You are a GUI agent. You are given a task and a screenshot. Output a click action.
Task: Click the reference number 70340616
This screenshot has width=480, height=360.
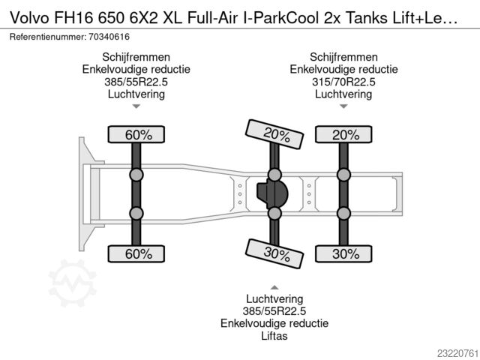click(x=109, y=37)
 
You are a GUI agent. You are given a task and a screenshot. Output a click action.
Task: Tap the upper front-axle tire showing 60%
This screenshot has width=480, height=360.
click(x=136, y=134)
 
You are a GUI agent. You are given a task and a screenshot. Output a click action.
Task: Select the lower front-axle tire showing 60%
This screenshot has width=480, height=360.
click(x=136, y=253)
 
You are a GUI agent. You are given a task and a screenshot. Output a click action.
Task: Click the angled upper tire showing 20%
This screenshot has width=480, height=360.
click(x=274, y=134)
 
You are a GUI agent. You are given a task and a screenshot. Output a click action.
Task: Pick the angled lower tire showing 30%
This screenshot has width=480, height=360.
click(x=274, y=253)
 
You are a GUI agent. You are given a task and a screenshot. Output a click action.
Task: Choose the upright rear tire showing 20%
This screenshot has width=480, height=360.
click(x=343, y=134)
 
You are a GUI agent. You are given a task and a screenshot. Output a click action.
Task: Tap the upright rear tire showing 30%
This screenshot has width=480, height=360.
click(x=343, y=253)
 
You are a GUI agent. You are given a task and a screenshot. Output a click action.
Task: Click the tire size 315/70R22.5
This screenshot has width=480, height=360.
click(x=343, y=82)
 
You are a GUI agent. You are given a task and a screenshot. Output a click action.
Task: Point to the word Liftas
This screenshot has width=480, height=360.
click(x=274, y=336)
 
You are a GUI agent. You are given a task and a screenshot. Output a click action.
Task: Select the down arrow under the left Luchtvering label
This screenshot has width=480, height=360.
click(x=136, y=106)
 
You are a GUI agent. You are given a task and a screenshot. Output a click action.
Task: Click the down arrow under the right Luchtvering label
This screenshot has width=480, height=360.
click(x=343, y=106)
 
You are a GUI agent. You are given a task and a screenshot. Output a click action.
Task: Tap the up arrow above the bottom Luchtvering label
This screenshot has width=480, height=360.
click(x=274, y=287)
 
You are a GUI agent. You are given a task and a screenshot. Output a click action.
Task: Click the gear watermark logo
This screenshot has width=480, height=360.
click(x=73, y=283)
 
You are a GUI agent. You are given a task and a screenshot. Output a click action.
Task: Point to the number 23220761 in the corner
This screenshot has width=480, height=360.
click(x=457, y=353)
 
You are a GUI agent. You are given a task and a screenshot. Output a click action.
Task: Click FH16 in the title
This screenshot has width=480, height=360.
click(x=73, y=18)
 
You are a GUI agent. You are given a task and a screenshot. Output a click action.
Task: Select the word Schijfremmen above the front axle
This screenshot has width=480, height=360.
click(x=136, y=57)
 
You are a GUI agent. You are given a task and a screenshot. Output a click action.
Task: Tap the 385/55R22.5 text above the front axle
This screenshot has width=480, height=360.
click(x=136, y=82)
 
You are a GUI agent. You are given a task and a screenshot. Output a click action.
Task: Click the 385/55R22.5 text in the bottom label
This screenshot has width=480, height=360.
click(x=274, y=311)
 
